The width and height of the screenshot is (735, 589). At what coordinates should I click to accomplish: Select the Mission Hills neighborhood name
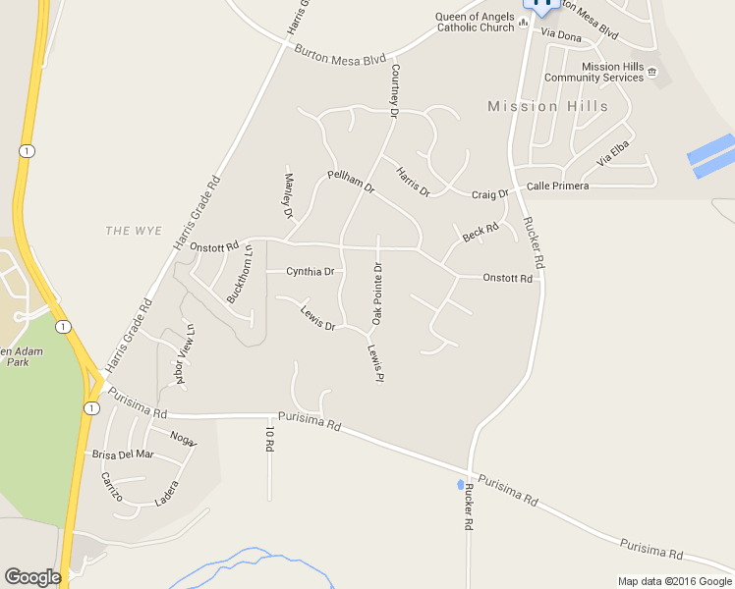pyautogui.click(x=547, y=106)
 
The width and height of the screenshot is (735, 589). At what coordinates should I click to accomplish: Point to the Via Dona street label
pyautogui.click(x=561, y=36)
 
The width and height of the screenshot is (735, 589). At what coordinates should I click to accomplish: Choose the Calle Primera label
pyautogui.click(x=557, y=186)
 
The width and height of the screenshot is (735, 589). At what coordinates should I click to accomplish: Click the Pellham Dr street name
pyautogui.click(x=351, y=182)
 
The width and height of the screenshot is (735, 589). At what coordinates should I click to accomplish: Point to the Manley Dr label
pyautogui.click(x=289, y=195)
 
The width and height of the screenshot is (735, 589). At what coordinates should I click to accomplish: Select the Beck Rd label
pyautogui.click(x=481, y=233)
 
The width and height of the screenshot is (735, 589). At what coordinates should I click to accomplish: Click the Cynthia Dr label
pyautogui.click(x=310, y=271)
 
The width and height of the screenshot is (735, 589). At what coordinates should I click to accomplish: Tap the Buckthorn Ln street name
pyautogui.click(x=241, y=272)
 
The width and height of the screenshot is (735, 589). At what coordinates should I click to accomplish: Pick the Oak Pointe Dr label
pyautogui.click(x=376, y=294)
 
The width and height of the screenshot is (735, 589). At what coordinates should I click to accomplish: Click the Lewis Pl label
pyautogui.click(x=374, y=363)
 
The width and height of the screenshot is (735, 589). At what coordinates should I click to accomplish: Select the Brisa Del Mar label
pyautogui.click(x=123, y=454)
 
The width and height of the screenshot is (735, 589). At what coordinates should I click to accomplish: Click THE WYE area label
pyautogui.click(x=134, y=230)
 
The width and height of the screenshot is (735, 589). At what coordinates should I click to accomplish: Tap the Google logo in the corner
pyautogui.click(x=32, y=577)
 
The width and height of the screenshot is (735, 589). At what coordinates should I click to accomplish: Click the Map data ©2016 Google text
pyautogui.click(x=674, y=581)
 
